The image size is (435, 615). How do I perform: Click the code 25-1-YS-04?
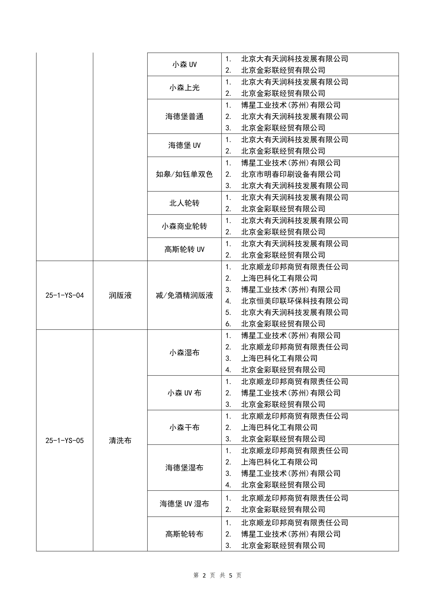click(65, 295)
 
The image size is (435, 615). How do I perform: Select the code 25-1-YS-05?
click(65, 441)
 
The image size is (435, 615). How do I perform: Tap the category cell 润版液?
click(120, 295)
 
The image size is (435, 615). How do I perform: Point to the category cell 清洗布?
click(120, 441)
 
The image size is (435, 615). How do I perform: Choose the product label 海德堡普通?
click(184, 117)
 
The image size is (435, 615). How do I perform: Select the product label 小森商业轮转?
click(184, 226)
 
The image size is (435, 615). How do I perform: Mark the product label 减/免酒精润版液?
click(184, 295)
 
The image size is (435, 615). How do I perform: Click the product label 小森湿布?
click(184, 353)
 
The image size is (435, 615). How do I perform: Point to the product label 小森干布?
click(184, 427)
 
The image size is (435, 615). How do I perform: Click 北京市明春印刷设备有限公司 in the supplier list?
click(291, 174)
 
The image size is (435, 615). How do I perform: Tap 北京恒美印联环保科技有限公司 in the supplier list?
click(295, 301)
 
